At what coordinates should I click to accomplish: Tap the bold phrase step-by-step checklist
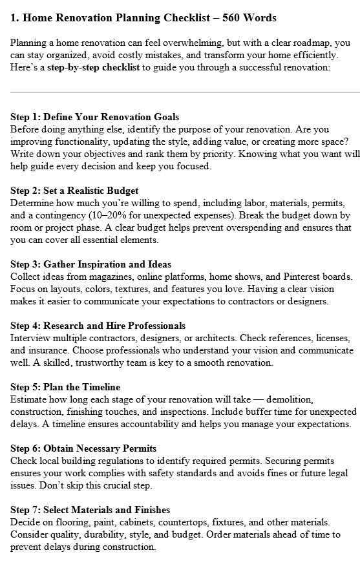(x=94, y=67)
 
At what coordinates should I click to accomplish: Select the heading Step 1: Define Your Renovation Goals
(x=95, y=117)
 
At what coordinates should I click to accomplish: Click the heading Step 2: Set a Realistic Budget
(x=74, y=191)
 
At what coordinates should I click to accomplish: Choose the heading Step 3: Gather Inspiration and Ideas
(x=91, y=264)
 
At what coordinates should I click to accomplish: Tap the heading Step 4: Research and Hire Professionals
(x=98, y=326)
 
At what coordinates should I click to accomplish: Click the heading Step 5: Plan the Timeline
(x=65, y=387)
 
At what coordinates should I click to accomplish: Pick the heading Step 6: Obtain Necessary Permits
(x=83, y=448)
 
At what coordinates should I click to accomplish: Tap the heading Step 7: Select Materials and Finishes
(x=90, y=510)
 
